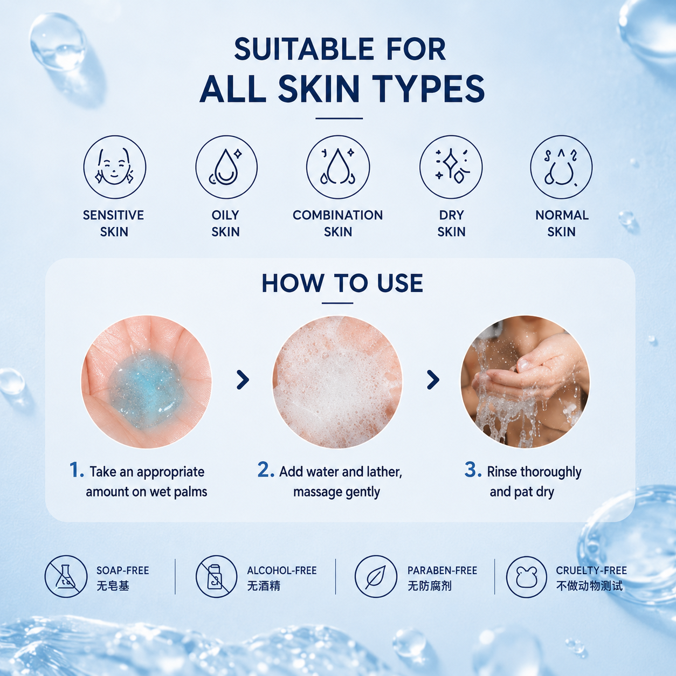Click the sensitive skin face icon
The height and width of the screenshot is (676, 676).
coord(114,167)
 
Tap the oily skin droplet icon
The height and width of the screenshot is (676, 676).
coord(226,167)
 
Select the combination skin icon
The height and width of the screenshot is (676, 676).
coord(338,167)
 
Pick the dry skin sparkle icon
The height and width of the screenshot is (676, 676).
coord(451,167)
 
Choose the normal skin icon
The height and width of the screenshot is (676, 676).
coord(561,167)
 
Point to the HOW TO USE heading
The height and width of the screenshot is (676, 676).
coord(342,283)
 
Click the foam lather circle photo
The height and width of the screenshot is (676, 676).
coord(337,382)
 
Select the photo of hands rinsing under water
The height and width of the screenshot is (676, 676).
coord(525,382)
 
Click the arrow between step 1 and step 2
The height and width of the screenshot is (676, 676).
coord(243,380)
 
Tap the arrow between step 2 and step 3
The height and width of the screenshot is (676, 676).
coord(433,380)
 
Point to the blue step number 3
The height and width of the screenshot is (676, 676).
coord(473,470)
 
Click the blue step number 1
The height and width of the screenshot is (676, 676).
coord(76,470)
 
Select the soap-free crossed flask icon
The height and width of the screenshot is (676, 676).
coord(66,576)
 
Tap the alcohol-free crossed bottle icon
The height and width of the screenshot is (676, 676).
coord(217,576)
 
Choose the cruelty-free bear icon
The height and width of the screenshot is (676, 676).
coord(526,577)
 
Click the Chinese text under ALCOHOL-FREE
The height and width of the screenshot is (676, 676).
coord(264,586)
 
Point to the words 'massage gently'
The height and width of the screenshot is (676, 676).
coord(336,492)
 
